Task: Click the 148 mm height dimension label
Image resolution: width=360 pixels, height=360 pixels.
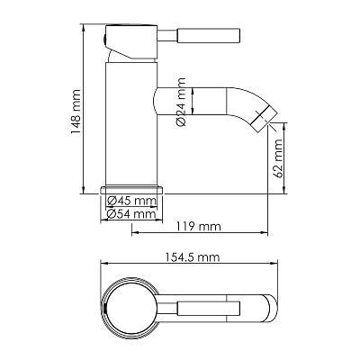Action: (x=76, y=112)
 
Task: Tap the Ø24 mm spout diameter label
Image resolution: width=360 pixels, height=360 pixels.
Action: (x=182, y=102)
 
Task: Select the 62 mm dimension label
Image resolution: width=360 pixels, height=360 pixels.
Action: (x=278, y=158)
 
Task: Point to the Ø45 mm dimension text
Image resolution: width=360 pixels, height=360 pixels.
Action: (x=131, y=201)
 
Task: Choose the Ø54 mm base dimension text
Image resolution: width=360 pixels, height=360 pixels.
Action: (x=131, y=214)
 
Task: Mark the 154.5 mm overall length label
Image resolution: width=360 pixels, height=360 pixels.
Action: (x=193, y=257)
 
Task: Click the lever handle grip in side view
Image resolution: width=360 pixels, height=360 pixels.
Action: (x=209, y=35)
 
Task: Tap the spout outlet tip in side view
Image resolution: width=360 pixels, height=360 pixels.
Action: (x=264, y=119)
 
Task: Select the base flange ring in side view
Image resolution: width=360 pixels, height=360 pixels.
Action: (x=131, y=190)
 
